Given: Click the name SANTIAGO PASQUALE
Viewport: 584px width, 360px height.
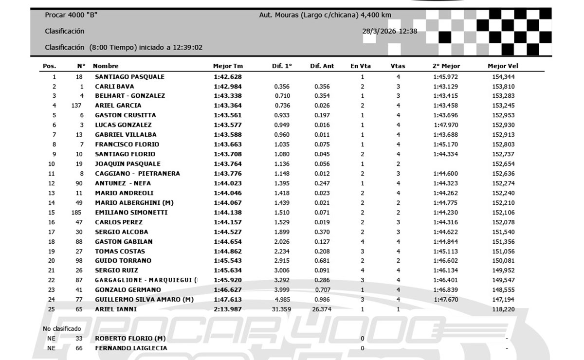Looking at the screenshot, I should [129, 77].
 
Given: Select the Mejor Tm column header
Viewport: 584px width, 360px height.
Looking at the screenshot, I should [228, 66].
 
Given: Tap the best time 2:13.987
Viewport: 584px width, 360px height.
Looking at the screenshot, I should [228, 309].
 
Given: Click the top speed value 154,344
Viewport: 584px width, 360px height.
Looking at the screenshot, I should [503, 77].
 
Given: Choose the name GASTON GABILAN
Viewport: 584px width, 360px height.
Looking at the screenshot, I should [124, 242].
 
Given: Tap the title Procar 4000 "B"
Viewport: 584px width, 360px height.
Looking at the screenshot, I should [71, 15].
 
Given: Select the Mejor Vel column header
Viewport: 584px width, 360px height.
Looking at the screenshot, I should [503, 66].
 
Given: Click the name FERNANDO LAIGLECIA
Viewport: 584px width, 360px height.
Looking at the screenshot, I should [131, 348].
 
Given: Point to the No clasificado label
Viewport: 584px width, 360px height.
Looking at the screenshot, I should [62, 329].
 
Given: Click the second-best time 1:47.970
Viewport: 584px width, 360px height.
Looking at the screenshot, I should [446, 125].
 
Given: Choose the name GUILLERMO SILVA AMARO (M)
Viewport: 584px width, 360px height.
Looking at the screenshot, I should [144, 300].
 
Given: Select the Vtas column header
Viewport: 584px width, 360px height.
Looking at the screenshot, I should [398, 66].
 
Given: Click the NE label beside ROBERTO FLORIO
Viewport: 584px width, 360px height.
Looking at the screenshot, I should [51, 339].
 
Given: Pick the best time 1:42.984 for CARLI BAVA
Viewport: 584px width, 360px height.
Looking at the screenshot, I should [228, 87].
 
